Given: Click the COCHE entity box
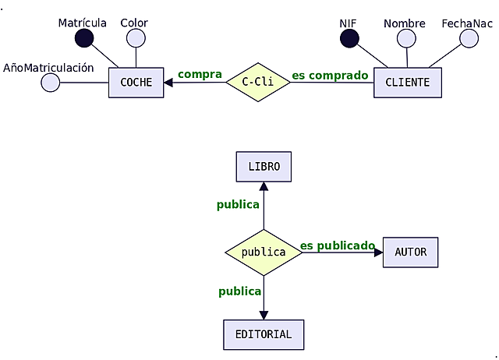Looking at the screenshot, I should (136, 83).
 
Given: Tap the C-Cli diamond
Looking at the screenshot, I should (257, 82).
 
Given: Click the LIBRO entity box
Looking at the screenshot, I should (264, 167).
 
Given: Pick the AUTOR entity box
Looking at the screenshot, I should (410, 252).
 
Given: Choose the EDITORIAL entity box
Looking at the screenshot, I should (264, 334).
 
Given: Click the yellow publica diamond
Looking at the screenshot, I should (264, 252).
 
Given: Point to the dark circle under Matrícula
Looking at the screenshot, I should (83, 38).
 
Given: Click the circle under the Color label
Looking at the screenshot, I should (136, 38).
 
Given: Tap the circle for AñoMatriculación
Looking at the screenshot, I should (50, 83).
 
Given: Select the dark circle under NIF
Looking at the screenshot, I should (349, 38).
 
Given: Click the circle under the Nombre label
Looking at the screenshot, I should (406, 38).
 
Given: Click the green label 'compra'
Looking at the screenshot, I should (200, 74).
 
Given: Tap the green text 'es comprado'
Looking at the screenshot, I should (329, 76).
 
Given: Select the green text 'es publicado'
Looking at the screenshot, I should (337, 245).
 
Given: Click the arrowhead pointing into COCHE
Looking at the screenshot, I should (168, 82).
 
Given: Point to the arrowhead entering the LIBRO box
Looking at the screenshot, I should (264, 186).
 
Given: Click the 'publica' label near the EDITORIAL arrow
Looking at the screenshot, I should (239, 291).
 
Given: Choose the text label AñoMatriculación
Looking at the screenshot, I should (48, 68).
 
